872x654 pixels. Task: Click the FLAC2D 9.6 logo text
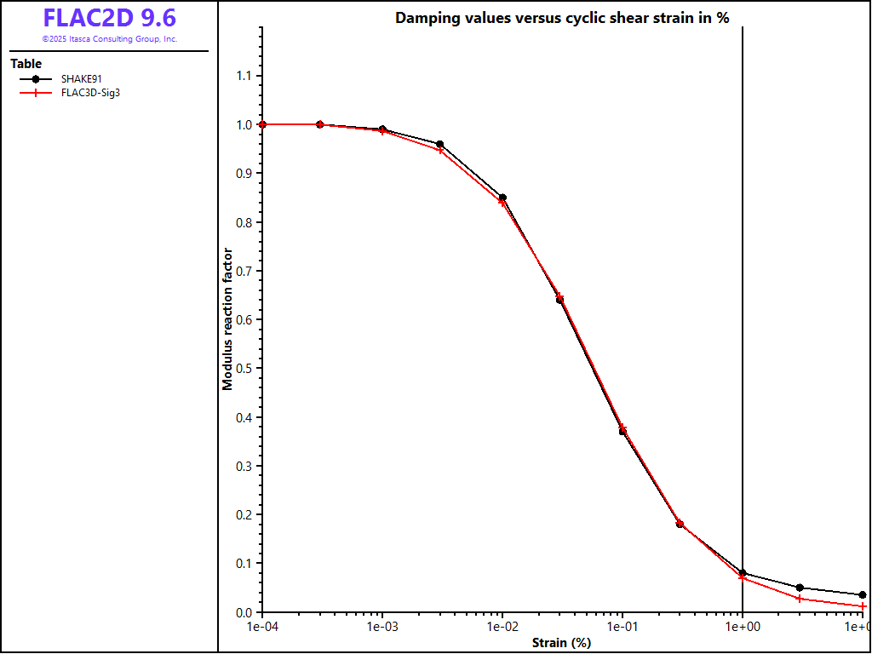point(109,19)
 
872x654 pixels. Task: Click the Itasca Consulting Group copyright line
point(109,39)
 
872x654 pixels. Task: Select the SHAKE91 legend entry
point(82,78)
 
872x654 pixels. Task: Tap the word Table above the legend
point(26,64)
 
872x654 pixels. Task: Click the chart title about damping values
point(562,19)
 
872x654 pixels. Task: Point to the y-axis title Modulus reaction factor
point(227,318)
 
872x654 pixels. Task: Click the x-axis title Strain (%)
point(561,643)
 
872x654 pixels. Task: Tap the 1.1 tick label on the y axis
point(244,76)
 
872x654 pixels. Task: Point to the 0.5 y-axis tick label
point(244,369)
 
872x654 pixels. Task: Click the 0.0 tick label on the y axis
point(244,612)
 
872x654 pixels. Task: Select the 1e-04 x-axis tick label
point(262,627)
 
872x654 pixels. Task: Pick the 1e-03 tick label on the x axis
point(382,627)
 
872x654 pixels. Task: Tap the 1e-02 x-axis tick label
point(502,627)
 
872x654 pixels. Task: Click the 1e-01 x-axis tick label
point(622,627)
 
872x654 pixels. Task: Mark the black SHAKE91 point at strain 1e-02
point(502,198)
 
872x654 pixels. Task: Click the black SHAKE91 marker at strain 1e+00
point(743,573)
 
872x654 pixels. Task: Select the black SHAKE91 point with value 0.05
point(800,588)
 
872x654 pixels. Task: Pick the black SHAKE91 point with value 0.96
point(439,145)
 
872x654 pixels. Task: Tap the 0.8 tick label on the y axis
point(244,222)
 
